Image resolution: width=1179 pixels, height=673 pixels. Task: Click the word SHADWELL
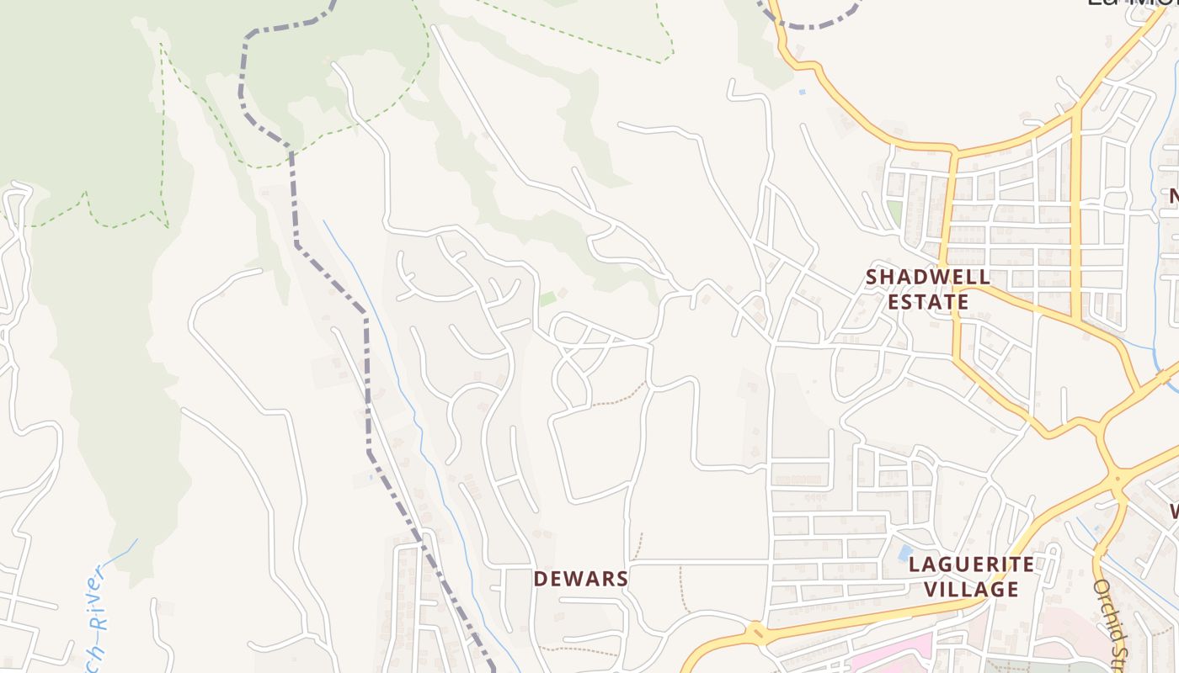[x=927, y=277]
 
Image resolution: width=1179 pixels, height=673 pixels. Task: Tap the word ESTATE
[x=927, y=302]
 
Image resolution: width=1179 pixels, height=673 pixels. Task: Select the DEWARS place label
[x=581, y=579]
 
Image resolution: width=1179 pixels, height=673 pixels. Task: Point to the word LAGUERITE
[x=971, y=564]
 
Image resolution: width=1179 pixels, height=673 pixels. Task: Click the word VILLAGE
[x=971, y=590]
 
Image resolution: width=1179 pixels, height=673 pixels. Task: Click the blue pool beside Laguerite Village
[x=905, y=554]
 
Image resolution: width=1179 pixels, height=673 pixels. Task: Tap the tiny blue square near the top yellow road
[x=802, y=91]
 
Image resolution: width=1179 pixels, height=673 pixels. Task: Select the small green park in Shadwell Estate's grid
[x=894, y=212]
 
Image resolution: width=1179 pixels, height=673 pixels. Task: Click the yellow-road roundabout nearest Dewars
[x=755, y=633]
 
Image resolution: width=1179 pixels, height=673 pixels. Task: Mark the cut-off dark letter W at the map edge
[x=1172, y=511]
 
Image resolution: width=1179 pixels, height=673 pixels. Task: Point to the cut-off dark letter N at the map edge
[x=1172, y=197]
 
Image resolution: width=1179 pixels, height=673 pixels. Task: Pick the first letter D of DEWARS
[x=541, y=579]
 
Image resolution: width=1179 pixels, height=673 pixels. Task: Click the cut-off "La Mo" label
[x=1128, y=3]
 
